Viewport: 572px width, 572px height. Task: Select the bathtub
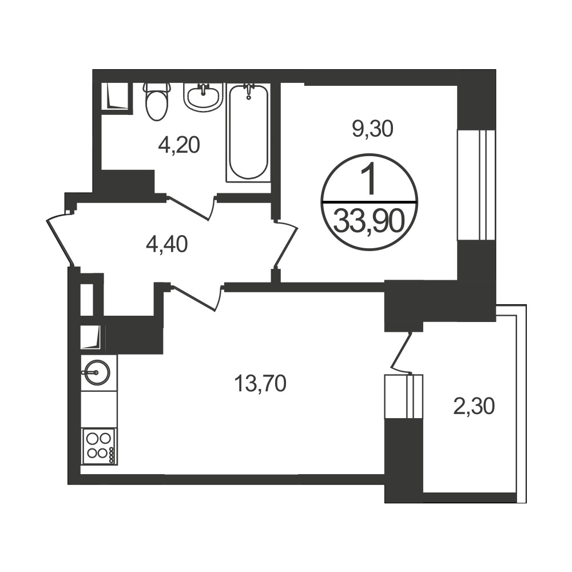[x=248, y=133]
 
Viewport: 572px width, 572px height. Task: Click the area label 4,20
[x=179, y=145]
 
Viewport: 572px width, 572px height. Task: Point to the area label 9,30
[x=372, y=129]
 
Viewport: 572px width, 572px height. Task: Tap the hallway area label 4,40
[x=166, y=244]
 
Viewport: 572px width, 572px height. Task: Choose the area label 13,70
[x=260, y=384]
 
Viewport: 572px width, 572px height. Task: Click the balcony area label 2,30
[x=474, y=406]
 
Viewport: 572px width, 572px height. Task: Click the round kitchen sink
[x=96, y=372]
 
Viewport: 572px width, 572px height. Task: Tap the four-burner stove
[x=99, y=446]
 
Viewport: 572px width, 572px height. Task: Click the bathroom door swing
[x=190, y=208]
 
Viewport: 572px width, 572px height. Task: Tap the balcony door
[x=402, y=352]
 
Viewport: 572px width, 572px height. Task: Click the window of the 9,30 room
[x=476, y=185]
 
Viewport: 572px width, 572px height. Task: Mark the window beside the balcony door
[x=404, y=396]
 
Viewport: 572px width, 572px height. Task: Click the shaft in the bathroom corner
[x=116, y=96]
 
